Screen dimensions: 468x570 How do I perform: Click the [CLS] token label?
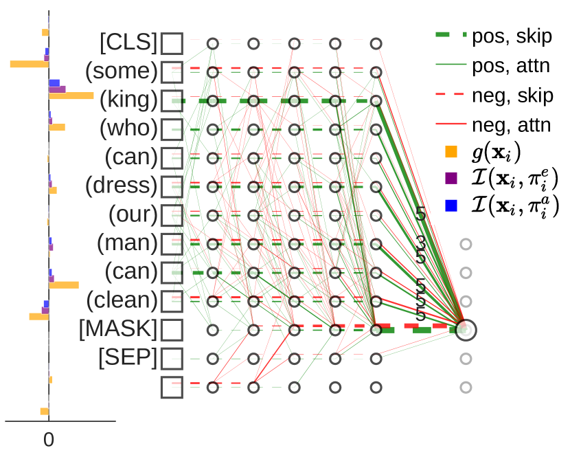[x=128, y=43]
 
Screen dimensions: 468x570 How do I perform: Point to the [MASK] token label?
[x=118, y=329]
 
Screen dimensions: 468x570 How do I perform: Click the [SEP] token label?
[x=128, y=358]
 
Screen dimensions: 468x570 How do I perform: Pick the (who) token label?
[x=128, y=129]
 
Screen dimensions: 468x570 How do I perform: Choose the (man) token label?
[x=127, y=243]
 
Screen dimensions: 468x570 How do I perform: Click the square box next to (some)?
[x=172, y=71]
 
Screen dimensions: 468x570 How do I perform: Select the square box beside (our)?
[x=172, y=214]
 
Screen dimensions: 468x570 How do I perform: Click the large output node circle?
[x=465, y=330]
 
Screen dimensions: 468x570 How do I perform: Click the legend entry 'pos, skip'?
[x=512, y=36]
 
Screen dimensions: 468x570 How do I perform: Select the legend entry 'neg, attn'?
[x=512, y=125]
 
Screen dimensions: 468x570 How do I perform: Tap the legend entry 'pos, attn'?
[x=512, y=66]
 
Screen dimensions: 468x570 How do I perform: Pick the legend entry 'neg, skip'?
[x=512, y=96]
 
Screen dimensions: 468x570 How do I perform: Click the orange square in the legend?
[x=451, y=151]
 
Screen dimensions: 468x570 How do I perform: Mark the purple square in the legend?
[x=451, y=179]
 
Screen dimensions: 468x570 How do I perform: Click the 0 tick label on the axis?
[x=49, y=440]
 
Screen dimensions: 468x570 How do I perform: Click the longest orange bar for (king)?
[x=71, y=96]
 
